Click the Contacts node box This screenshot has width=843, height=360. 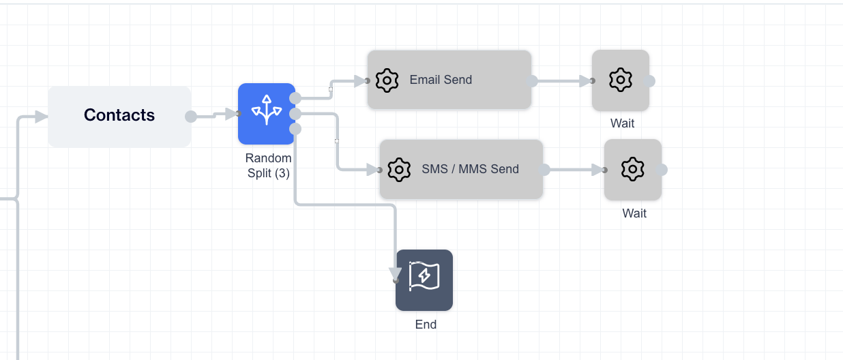(x=119, y=116)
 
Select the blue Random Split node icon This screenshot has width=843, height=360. (x=266, y=113)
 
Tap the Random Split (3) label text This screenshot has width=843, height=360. (x=268, y=166)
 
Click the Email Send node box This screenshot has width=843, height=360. (x=449, y=80)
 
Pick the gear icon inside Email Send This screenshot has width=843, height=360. (x=387, y=80)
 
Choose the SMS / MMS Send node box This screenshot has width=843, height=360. (x=461, y=169)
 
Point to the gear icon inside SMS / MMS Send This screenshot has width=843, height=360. (x=399, y=169)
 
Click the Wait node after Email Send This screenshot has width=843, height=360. (x=620, y=80)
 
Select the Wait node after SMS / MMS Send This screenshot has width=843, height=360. (x=632, y=169)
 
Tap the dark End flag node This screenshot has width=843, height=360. (x=424, y=280)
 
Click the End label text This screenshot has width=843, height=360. (x=426, y=325)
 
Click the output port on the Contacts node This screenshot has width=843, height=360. (x=191, y=117)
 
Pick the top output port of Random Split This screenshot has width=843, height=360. (x=295, y=98)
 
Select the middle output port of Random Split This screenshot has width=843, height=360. (x=295, y=113)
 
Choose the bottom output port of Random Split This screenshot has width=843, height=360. (x=295, y=129)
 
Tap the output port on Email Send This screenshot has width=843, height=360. (x=532, y=81)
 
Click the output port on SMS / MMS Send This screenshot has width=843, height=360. (x=544, y=170)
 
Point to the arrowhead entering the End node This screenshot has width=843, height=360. (x=395, y=275)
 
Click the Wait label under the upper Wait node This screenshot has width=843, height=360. (x=622, y=123)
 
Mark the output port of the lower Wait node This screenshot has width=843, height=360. (x=662, y=170)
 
